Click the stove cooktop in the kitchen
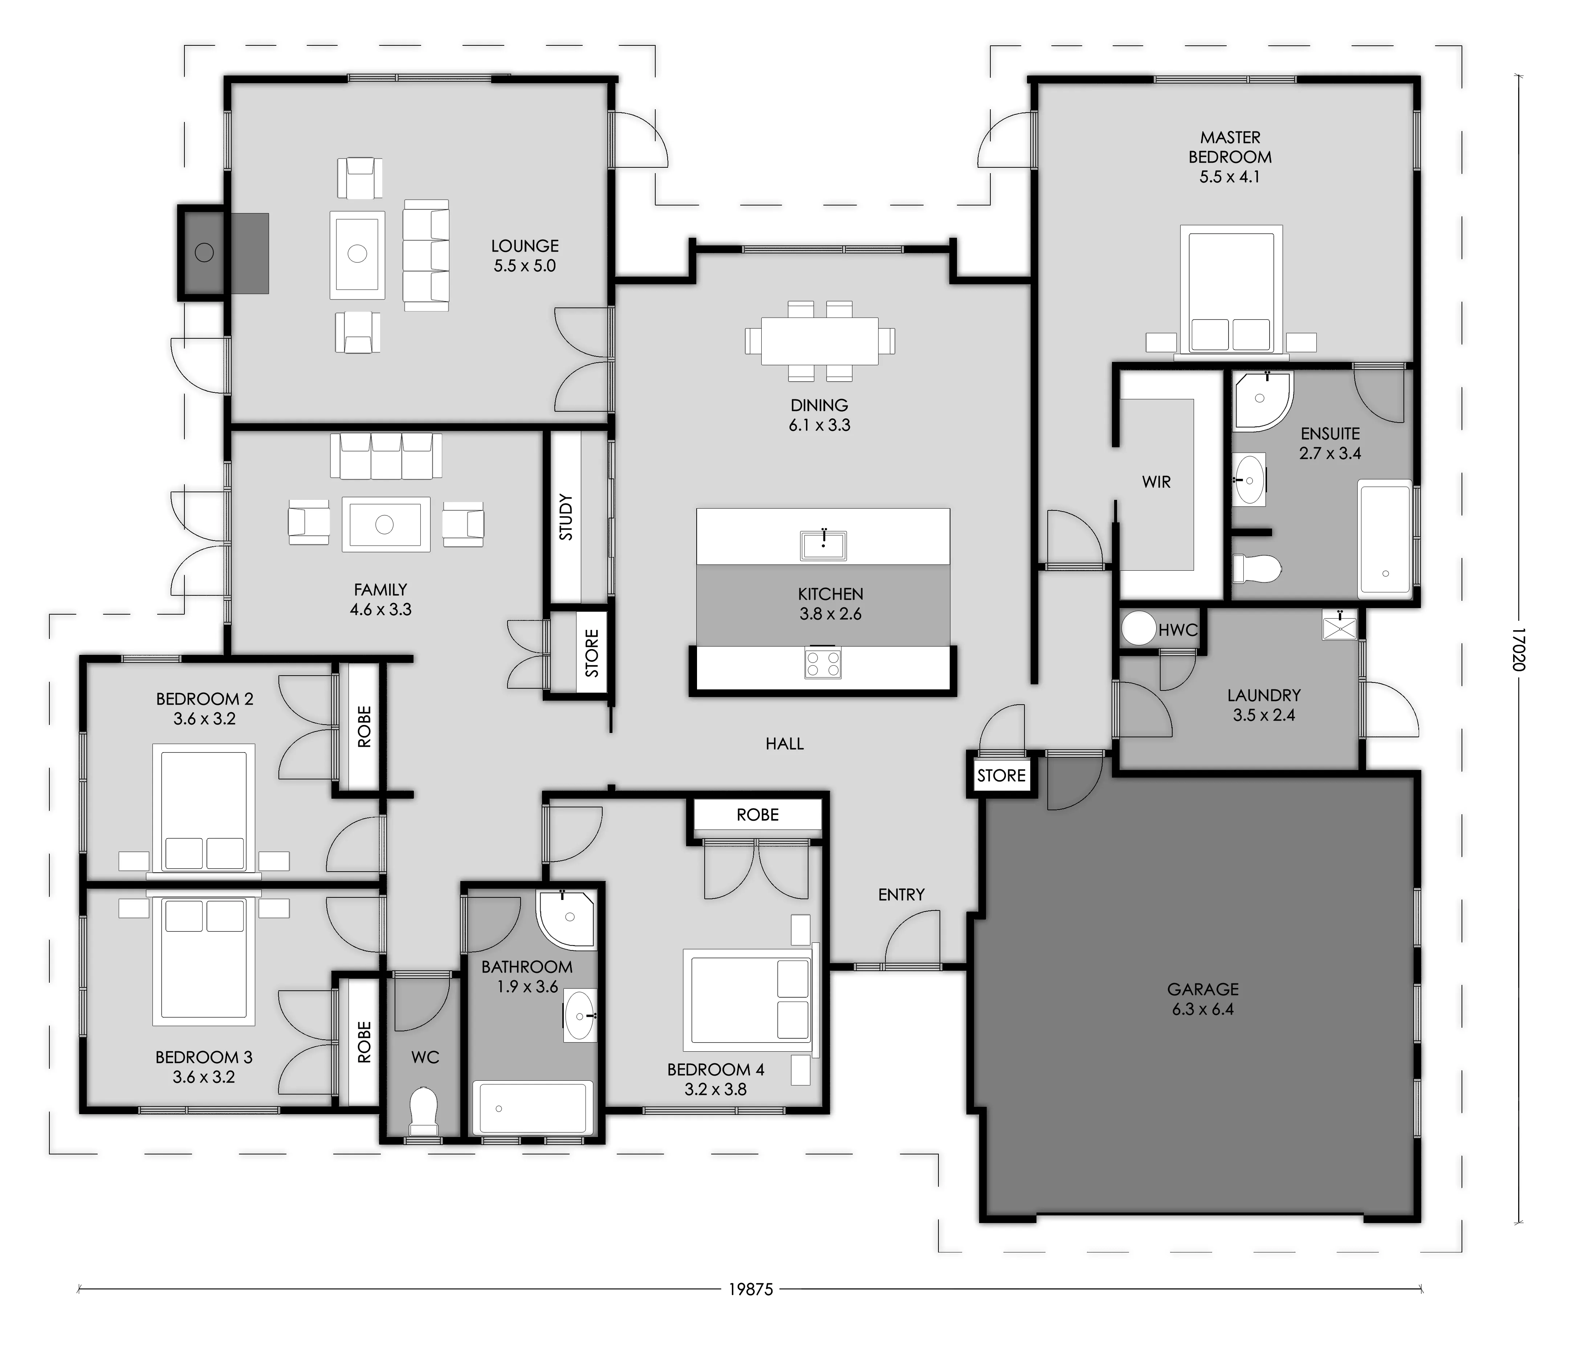823,661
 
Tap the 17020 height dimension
1519,649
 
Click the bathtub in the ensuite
1385,539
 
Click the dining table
819,340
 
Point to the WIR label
1156,481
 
